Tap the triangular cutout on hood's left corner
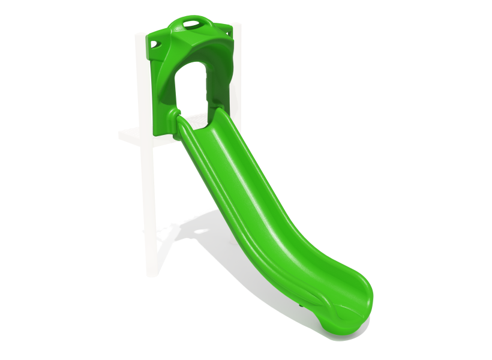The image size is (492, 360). (x=156, y=44)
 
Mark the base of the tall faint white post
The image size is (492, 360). (x=152, y=270)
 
